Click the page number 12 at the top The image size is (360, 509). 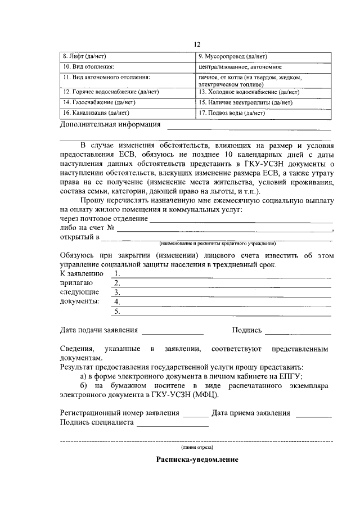[197, 44]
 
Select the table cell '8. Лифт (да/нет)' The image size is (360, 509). [127, 57]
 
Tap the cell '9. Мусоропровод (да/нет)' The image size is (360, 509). [263, 57]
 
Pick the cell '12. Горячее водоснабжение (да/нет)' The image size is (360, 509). [127, 92]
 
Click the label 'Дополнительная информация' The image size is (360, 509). [110, 124]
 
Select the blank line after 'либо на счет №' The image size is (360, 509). [225, 230]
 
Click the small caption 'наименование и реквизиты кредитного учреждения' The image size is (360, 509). [217, 244]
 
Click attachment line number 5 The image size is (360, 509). [225, 312]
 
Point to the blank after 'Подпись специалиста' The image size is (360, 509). [172, 425]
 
